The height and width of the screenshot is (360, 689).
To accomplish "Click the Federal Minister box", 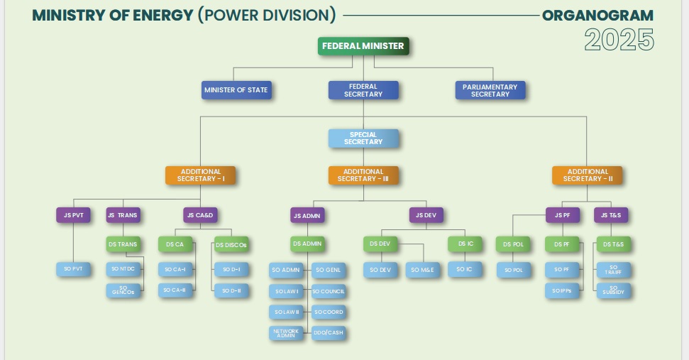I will [x=363, y=46].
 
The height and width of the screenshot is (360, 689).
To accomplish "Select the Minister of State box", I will [x=236, y=90].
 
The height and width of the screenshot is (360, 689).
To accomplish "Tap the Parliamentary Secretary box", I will [x=490, y=90].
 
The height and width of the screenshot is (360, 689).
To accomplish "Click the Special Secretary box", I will [x=363, y=138].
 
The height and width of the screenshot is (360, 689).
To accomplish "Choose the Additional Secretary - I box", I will [x=201, y=175].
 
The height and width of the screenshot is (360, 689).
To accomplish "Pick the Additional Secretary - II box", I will [x=588, y=175].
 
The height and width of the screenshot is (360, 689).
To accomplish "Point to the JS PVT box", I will [x=73, y=214].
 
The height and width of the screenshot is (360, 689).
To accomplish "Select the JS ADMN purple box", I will [x=307, y=214].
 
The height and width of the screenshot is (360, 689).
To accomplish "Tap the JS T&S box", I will [x=613, y=214].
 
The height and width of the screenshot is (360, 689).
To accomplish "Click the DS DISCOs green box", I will [x=231, y=245].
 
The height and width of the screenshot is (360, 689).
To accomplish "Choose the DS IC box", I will [x=465, y=244].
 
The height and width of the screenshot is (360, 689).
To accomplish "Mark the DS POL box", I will [x=512, y=244].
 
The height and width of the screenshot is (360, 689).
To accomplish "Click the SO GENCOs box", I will [x=123, y=290].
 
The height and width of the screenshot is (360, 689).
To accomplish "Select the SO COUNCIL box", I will [x=329, y=291].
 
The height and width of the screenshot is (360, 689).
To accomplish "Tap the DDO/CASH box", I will [x=329, y=332].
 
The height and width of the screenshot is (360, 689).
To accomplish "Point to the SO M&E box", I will [x=424, y=270].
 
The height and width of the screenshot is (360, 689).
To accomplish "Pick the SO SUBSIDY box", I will [x=613, y=290].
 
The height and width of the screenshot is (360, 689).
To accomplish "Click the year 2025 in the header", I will [x=619, y=40].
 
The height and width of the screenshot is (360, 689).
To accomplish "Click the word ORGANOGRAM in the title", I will [x=597, y=15].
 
